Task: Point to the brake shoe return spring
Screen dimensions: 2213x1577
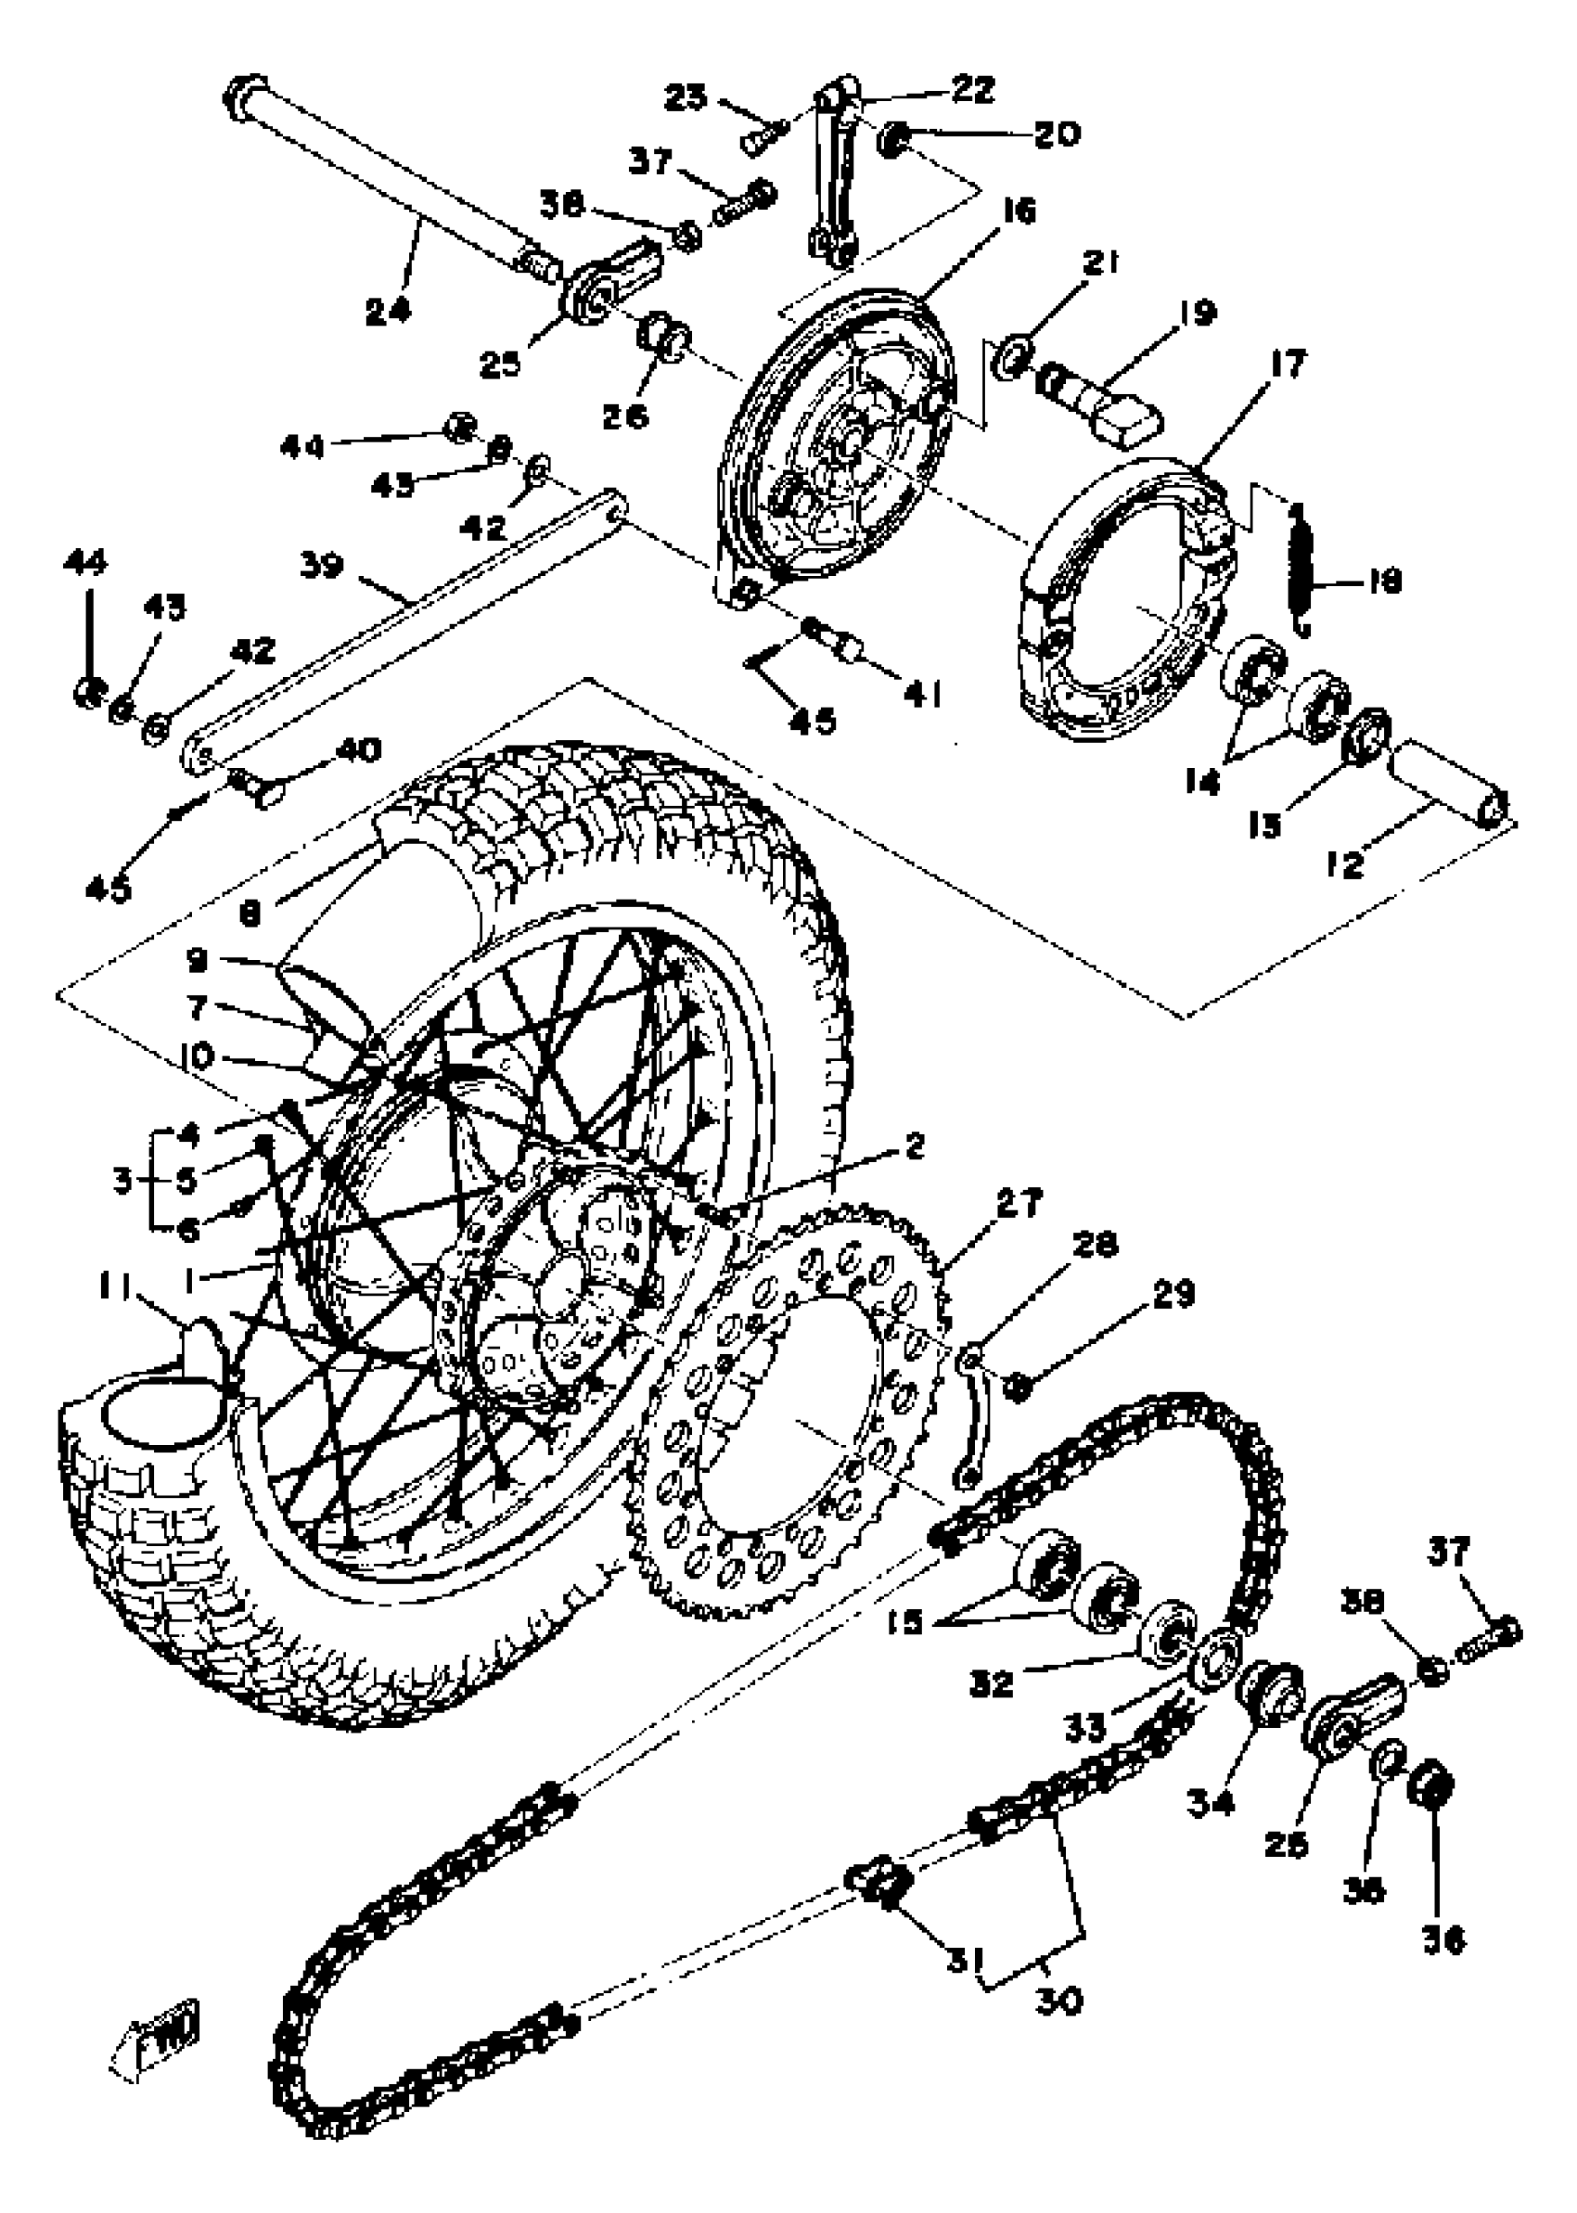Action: coord(1302,571)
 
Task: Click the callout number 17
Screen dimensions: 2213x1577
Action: coord(1286,365)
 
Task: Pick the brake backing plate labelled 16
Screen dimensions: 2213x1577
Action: coord(835,437)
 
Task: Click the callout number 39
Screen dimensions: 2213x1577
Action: coord(321,565)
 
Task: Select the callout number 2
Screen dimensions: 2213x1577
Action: coord(913,1146)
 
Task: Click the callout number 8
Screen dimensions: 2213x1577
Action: coord(250,914)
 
